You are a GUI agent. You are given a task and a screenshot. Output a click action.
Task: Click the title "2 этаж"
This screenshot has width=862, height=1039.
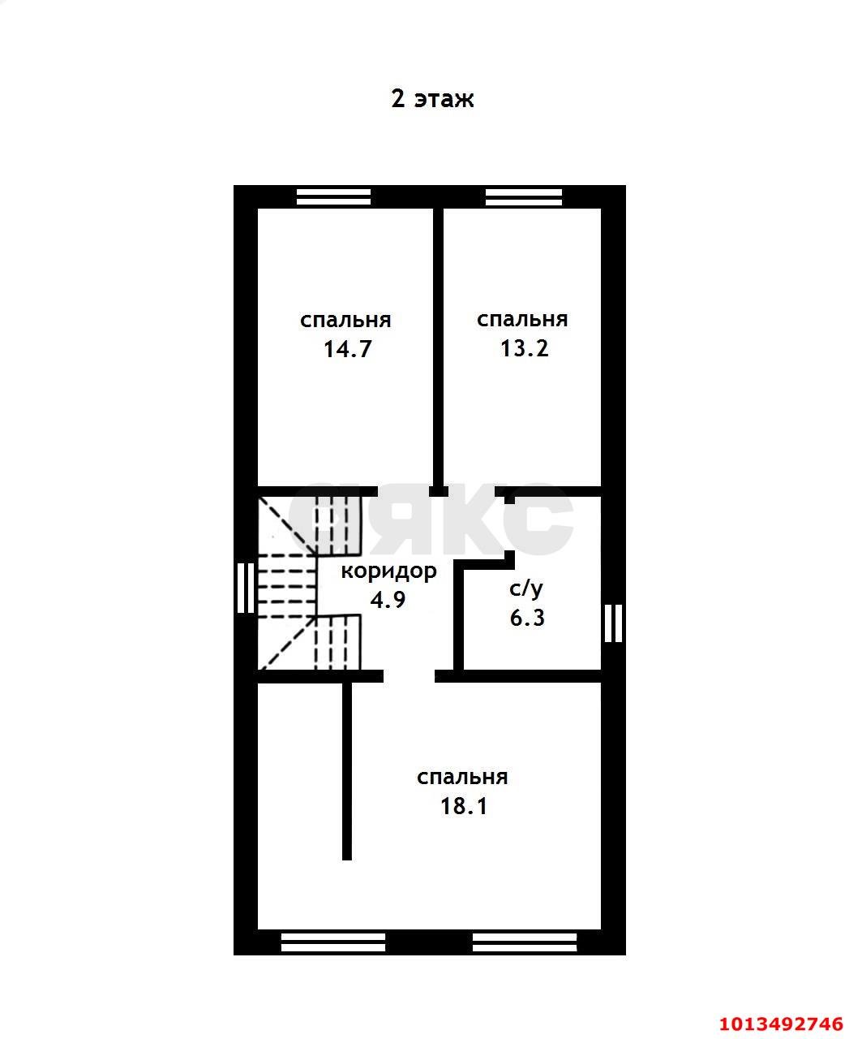pos(432,99)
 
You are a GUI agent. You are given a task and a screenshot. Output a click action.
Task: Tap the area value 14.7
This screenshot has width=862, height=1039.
pos(347,349)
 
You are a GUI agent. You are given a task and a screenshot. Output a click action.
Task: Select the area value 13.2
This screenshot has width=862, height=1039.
pos(524,348)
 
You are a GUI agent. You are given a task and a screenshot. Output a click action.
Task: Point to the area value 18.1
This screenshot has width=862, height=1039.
pos(463,806)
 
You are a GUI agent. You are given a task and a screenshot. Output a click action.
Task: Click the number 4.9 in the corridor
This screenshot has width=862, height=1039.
pos(388,600)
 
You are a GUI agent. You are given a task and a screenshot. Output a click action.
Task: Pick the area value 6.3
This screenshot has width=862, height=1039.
pos(527,618)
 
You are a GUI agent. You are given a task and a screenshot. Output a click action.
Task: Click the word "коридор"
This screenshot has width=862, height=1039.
pos(388,571)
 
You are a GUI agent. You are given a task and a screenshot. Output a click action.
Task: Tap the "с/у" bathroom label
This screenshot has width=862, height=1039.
pos(525,588)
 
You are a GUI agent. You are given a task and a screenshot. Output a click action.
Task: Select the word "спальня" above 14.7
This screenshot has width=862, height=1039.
pos(345,320)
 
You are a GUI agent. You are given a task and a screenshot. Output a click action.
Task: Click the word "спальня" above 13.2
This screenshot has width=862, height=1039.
pos(522,319)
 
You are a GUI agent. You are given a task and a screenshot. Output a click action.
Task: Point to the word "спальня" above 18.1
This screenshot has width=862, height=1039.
pos(462,777)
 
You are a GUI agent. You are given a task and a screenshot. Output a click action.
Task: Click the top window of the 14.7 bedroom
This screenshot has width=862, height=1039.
pos(333,196)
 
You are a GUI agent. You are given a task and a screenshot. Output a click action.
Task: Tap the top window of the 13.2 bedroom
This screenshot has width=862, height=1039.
pos(523,196)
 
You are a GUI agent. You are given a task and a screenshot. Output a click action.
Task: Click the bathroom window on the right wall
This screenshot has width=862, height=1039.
pos(614,623)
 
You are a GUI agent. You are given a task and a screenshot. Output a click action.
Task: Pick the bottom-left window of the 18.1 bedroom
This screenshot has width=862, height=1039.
pos(333,942)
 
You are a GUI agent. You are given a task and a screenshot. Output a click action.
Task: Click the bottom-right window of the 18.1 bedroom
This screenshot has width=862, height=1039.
pos(524,942)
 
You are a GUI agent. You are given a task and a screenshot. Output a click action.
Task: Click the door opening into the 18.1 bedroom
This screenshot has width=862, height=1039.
pos(409,676)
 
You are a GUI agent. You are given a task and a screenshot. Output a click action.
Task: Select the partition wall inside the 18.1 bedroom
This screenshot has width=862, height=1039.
pos(347,770)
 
